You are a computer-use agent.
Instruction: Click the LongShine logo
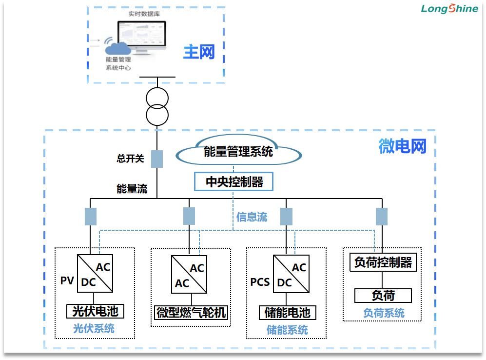[x=449, y=9]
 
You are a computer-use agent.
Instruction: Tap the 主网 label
[x=199, y=52]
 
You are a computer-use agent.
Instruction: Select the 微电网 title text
[x=402, y=146]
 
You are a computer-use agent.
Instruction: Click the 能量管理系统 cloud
[x=238, y=152]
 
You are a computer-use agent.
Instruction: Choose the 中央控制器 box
[x=233, y=181]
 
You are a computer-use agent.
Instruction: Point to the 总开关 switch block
[x=157, y=159]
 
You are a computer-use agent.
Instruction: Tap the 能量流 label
[x=132, y=189]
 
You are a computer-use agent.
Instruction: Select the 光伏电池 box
[x=95, y=311]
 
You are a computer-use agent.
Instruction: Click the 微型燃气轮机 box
[x=191, y=312]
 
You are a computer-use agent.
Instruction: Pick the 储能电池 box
[x=287, y=312]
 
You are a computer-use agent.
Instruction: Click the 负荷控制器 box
[x=383, y=262]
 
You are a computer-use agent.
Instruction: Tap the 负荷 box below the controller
[x=383, y=296]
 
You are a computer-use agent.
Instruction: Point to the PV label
[x=67, y=281]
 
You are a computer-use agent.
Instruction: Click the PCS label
[x=260, y=282]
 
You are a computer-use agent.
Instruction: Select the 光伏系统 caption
[x=94, y=328]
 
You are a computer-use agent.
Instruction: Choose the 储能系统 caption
[x=287, y=330]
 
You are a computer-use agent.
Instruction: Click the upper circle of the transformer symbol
[x=157, y=98]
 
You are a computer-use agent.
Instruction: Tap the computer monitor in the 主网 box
[x=142, y=34]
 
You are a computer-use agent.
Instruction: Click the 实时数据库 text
[x=144, y=14]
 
